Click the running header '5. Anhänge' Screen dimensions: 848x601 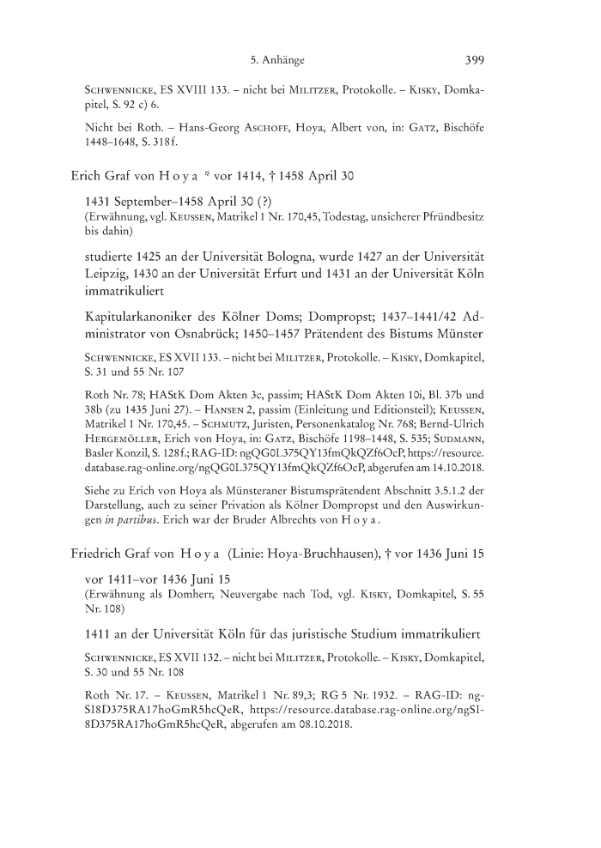pyautogui.click(x=279, y=60)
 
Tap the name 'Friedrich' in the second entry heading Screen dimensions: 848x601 pyautogui.click(x=99, y=554)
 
